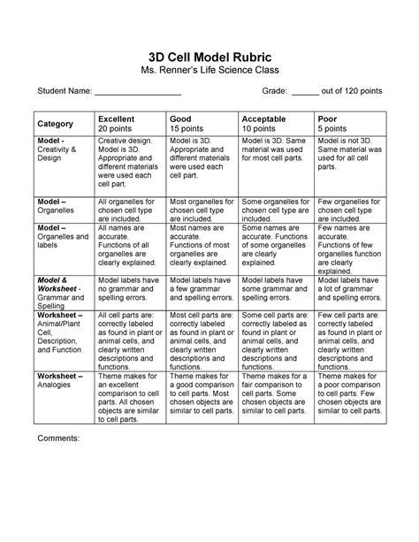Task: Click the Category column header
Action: pyautogui.click(x=55, y=124)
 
